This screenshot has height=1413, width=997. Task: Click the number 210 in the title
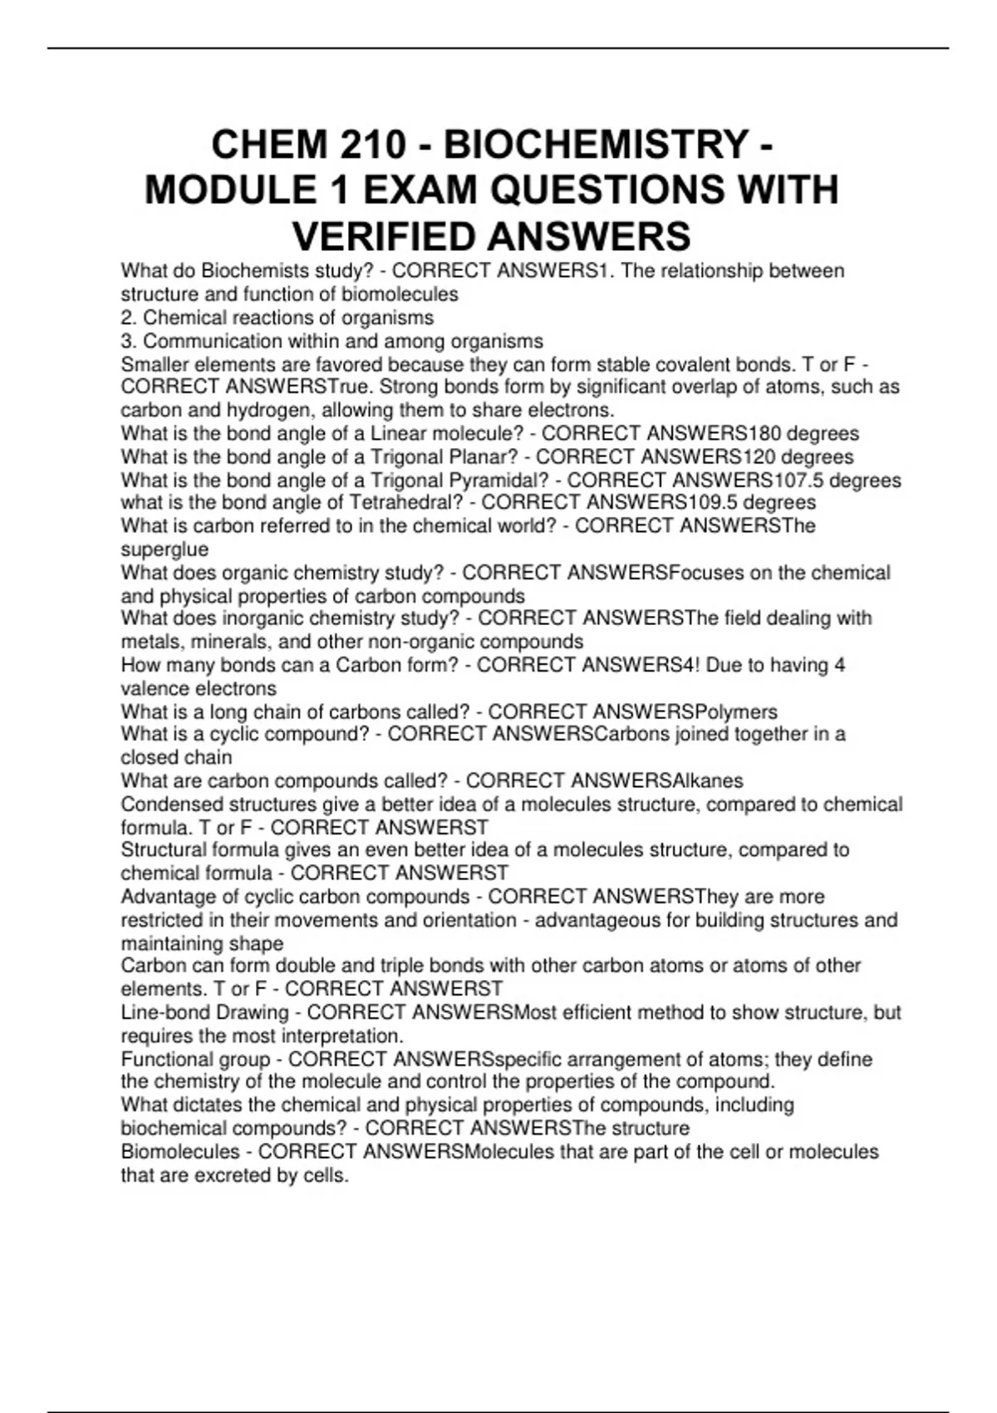[x=373, y=145]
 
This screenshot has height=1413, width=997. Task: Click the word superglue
[x=165, y=549]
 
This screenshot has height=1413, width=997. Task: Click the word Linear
[x=400, y=434]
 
